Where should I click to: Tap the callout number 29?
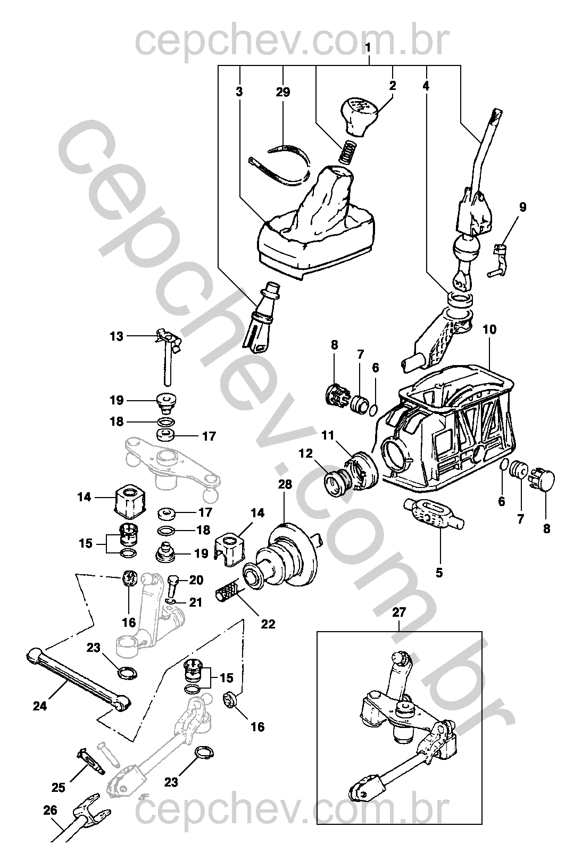coord(283,92)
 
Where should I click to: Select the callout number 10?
coord(489,329)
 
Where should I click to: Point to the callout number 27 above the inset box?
coord(399,612)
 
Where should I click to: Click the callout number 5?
coord(438,573)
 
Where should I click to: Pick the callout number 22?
coord(268,624)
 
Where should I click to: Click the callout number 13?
coord(117,336)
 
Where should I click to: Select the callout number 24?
coord(40,706)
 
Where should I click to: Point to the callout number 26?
coord(49,812)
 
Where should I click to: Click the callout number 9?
coord(522,207)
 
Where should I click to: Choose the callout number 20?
coord(196,580)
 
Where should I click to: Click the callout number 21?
coord(196,602)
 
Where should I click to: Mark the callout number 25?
coord(59,787)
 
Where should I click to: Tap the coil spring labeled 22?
coord(228,591)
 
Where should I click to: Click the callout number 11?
coord(328,435)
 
